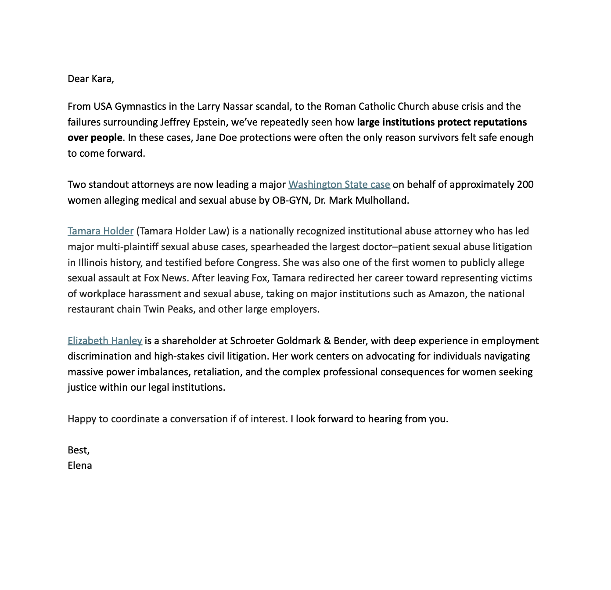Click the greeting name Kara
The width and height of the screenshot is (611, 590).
(102, 79)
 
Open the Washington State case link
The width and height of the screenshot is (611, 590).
(339, 184)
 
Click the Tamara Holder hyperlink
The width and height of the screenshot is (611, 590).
(101, 231)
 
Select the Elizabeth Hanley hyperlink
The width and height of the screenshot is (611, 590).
(105, 341)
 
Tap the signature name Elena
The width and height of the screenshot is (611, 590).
(80, 466)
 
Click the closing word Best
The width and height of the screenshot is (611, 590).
(78, 450)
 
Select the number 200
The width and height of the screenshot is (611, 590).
(525, 184)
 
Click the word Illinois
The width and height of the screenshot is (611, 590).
(93, 263)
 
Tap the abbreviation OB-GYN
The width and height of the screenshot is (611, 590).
(290, 200)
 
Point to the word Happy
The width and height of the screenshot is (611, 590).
(82, 419)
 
